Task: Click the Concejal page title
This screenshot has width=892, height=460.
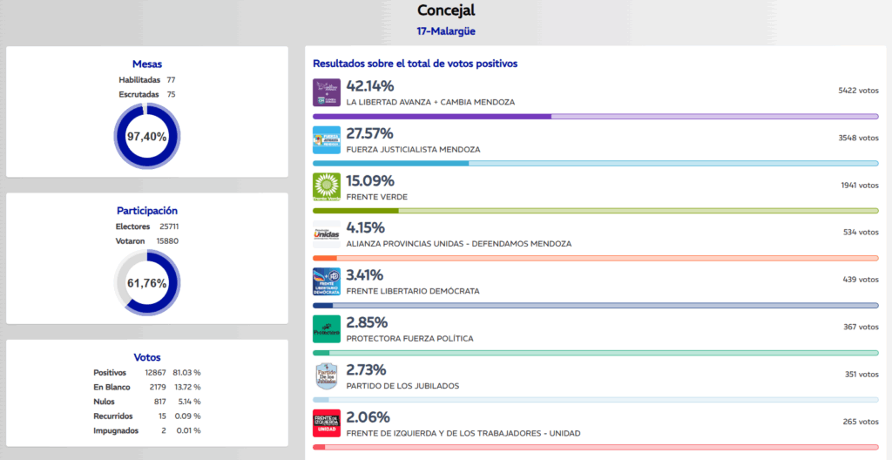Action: coord(445,10)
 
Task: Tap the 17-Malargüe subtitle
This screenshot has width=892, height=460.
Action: coord(445,32)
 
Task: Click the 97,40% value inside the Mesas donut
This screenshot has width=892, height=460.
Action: coord(146,137)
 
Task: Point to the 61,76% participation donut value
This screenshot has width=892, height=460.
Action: coord(146,283)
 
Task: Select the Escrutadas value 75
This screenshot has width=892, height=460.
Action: coord(171,94)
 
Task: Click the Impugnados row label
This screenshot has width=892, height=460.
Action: coord(116,430)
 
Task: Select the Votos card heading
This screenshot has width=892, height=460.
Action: coord(146,357)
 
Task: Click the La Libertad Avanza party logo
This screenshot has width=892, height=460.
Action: coord(326,92)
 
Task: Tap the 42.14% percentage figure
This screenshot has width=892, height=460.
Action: coord(370,86)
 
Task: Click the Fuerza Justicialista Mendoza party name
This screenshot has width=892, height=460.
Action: coord(413,149)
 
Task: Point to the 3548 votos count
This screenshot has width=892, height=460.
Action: coord(858,138)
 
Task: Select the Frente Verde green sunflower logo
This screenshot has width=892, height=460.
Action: coord(326,186)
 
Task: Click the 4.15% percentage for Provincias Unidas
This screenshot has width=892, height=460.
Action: coord(365,228)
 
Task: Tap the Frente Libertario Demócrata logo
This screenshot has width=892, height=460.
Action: coord(326,281)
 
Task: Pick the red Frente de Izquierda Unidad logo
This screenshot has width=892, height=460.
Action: coord(326,423)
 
